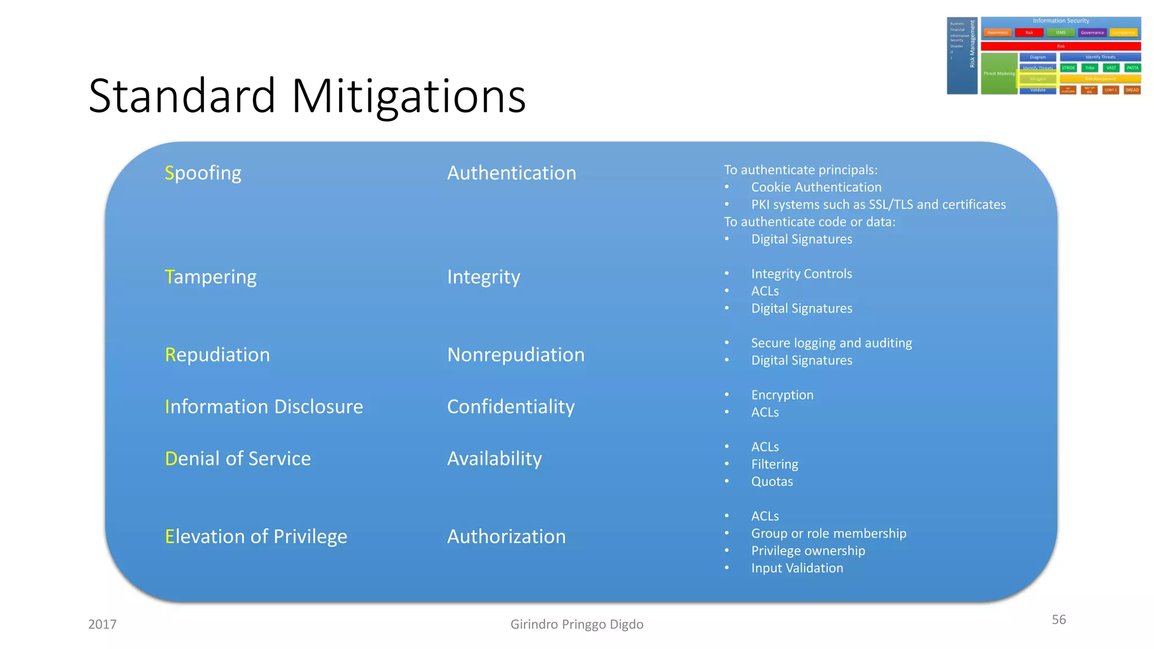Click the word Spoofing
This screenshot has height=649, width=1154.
(x=203, y=173)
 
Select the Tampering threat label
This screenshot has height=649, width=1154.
(x=211, y=277)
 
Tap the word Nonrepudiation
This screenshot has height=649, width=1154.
(x=516, y=355)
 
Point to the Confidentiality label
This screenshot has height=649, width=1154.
(x=511, y=407)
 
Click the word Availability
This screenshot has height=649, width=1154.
(x=494, y=459)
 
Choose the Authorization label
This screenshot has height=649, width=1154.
(x=506, y=536)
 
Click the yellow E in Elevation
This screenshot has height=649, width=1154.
(x=170, y=536)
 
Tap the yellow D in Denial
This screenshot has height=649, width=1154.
(x=171, y=459)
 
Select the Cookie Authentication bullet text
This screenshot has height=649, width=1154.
(x=816, y=187)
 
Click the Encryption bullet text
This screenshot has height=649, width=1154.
(x=782, y=395)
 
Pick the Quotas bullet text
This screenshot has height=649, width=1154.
(x=772, y=482)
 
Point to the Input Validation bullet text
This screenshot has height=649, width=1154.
(x=797, y=568)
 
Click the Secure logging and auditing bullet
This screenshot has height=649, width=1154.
(x=831, y=343)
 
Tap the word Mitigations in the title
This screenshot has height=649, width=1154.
(x=409, y=96)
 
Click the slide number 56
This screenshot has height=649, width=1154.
(x=1059, y=620)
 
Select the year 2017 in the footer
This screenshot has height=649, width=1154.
(x=102, y=624)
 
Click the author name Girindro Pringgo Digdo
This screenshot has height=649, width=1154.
(x=576, y=624)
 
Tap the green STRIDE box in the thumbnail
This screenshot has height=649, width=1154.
(x=1068, y=68)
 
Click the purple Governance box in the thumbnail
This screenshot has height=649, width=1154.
(x=1092, y=33)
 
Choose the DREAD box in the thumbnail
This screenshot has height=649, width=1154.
(x=1132, y=90)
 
